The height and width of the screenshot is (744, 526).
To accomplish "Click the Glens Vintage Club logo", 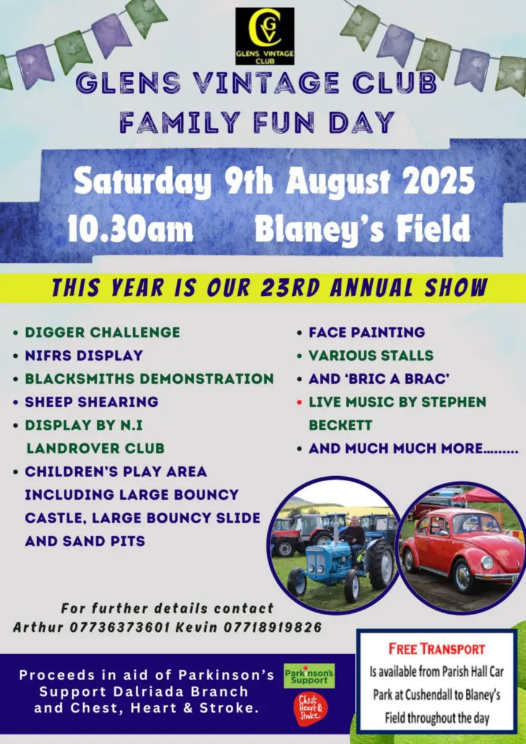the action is click(x=265, y=36).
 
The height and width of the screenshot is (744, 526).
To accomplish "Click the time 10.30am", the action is click(x=130, y=229).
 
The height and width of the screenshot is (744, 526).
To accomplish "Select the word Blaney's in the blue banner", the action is click(x=319, y=229).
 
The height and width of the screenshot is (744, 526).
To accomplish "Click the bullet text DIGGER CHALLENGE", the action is click(x=102, y=332).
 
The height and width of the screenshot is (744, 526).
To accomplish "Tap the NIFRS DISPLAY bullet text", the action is click(x=84, y=356).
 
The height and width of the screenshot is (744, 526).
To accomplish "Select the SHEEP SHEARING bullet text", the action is click(x=91, y=402).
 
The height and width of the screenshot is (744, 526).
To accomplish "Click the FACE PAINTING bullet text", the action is click(x=367, y=332).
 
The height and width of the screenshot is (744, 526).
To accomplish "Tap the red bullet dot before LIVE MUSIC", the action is click(x=300, y=402).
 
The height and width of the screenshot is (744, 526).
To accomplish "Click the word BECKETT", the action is click(x=341, y=425).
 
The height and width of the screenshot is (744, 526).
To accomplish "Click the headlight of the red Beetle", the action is click(x=487, y=562).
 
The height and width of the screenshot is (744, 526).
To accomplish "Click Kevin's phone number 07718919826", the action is click(x=272, y=627).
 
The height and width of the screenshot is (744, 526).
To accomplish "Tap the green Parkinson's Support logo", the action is click(x=309, y=676).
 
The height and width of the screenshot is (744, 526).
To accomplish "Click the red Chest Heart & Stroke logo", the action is click(x=310, y=709).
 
